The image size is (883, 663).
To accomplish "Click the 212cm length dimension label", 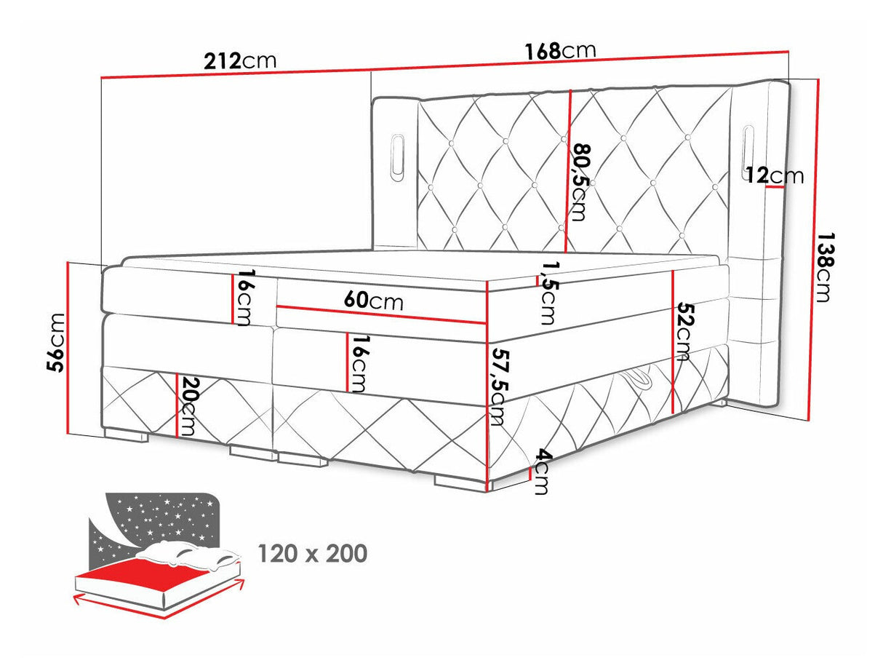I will tap(240, 60).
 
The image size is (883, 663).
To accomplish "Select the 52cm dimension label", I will tap(682, 331).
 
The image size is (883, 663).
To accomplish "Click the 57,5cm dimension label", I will tap(498, 386).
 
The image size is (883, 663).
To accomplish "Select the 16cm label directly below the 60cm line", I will tap(356, 364).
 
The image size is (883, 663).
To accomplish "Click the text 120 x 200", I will tap(313, 554).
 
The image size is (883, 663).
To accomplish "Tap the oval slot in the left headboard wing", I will tap(398, 155).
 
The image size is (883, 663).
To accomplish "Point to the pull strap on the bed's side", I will tap(638, 379).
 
